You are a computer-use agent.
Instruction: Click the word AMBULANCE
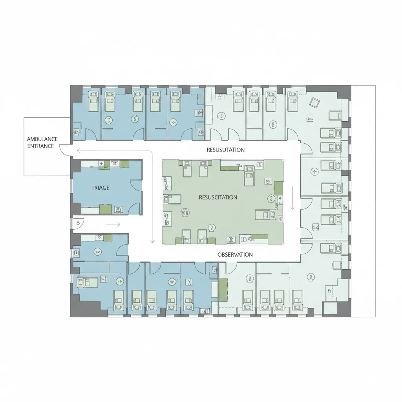[42, 139]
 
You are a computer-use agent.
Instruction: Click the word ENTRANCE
[40, 146]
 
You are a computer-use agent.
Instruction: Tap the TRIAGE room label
[100, 188]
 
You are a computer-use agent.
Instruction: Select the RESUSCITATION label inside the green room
[218, 197]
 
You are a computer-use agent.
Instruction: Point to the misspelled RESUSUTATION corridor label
[226, 150]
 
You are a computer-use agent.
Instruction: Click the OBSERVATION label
[235, 254]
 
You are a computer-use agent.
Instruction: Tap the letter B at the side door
[78, 223]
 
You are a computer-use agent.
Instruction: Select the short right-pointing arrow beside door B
[113, 224]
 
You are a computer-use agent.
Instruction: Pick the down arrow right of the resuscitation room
[292, 198]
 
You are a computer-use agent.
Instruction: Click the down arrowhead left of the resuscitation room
[152, 241]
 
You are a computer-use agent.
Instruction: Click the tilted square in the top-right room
[315, 102]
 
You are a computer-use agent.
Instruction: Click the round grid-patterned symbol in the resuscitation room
[185, 212]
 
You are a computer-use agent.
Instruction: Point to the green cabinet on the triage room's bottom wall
[106, 209]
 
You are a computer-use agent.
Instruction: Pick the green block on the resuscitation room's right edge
[279, 188]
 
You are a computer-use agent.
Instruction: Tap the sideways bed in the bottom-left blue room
[88, 283]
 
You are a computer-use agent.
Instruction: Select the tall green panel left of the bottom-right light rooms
[223, 290]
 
